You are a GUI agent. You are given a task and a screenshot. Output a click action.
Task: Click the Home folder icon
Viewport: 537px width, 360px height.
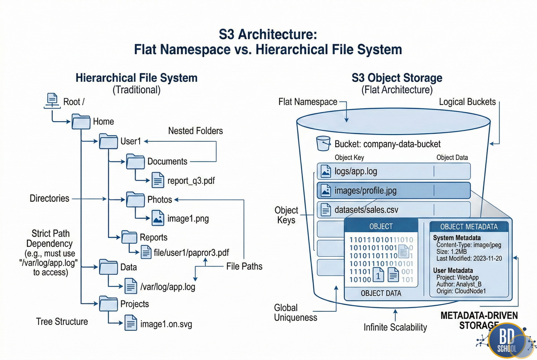click(x=81, y=121)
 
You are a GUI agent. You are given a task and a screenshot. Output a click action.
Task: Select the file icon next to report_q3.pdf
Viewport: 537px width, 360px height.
click(x=158, y=181)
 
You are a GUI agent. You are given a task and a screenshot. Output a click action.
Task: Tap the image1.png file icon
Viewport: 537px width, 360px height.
click(x=158, y=219)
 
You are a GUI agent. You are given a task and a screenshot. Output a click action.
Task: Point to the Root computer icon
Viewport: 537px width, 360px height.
click(x=52, y=101)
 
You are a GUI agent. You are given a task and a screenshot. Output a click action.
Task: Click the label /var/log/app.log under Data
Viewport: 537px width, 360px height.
click(x=168, y=287)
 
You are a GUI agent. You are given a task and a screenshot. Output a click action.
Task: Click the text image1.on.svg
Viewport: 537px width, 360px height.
click(x=166, y=324)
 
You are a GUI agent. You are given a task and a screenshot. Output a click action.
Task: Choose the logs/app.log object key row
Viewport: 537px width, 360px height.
click(x=394, y=171)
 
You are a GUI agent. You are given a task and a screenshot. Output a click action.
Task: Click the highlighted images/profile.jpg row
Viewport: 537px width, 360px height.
click(x=394, y=191)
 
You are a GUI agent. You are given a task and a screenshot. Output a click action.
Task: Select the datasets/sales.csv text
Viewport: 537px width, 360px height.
click(x=367, y=210)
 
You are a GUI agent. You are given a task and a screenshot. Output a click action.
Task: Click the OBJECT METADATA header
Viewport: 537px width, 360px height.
click(x=469, y=227)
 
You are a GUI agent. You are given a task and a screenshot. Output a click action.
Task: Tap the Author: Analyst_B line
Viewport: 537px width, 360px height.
click(x=463, y=284)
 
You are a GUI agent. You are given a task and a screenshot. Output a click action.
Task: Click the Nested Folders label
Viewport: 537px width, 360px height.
click(x=195, y=131)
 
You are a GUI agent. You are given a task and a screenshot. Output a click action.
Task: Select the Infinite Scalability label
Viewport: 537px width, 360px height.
click(x=395, y=327)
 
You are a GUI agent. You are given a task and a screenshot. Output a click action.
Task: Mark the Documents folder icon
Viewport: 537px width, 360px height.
click(x=136, y=161)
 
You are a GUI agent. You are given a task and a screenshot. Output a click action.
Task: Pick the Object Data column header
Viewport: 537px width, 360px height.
click(x=452, y=157)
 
